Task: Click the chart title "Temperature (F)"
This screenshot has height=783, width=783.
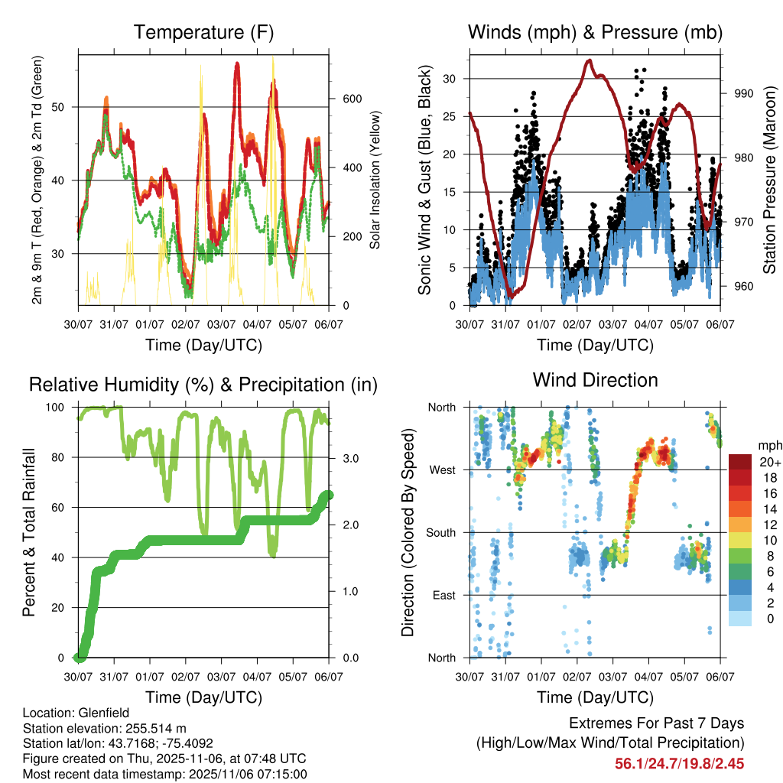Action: click(203, 33)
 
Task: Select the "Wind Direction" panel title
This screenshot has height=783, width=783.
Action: click(595, 379)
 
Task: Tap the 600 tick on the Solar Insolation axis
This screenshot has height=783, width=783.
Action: click(351, 99)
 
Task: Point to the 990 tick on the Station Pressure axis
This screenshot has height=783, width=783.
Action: click(744, 93)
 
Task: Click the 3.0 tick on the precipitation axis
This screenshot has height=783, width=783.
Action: click(351, 457)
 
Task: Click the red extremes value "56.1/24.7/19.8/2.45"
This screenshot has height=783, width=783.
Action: click(680, 763)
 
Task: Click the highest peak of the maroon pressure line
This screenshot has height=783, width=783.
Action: click(588, 60)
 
